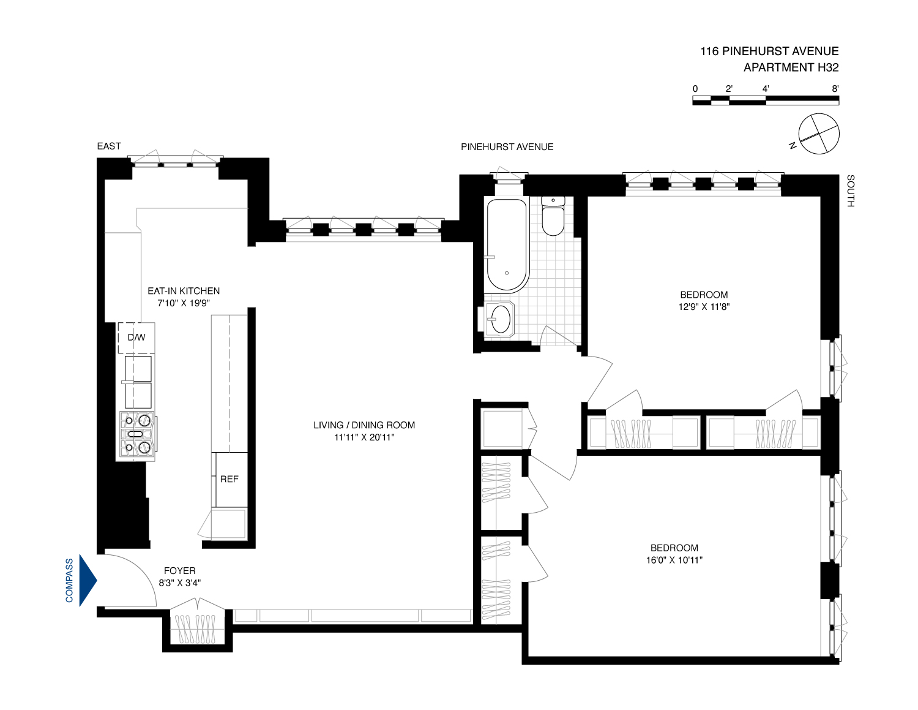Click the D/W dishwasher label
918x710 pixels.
click(x=136, y=338)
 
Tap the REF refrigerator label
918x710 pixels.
click(x=229, y=479)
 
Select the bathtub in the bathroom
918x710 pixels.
click(x=507, y=245)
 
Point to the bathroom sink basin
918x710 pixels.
click(x=501, y=319)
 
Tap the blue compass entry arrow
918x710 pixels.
click(x=88, y=580)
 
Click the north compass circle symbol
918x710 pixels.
click(x=819, y=134)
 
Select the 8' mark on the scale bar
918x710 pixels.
click(x=835, y=89)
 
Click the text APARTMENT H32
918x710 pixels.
click(x=791, y=68)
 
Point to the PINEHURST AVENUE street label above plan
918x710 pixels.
click(x=507, y=147)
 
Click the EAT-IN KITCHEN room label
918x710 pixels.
click(x=184, y=291)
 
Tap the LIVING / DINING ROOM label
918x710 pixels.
click(x=364, y=425)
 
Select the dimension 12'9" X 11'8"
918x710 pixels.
click(x=704, y=307)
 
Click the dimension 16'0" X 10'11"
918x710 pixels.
click(x=674, y=560)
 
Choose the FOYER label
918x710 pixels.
click(x=179, y=571)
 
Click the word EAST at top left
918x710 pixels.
click(x=109, y=146)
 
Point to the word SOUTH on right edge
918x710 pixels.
click(x=851, y=191)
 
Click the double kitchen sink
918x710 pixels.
click(x=138, y=382)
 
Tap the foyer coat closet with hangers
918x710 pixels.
click(x=197, y=628)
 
